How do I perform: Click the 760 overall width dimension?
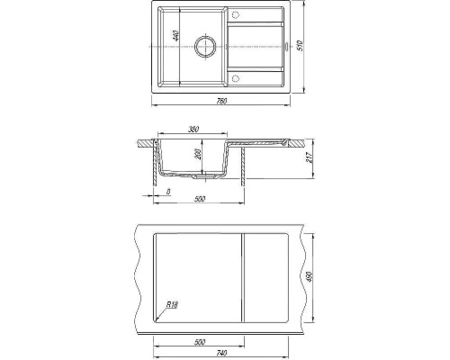coord(221,101)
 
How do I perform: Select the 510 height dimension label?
coord(301,45)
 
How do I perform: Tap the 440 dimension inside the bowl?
coord(176,36)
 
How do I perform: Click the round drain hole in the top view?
coord(205,47)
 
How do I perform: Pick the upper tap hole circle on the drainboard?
coord(235,14)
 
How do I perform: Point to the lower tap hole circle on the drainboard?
coord(235,78)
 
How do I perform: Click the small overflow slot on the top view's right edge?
coord(286,47)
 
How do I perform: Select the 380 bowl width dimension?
coord(193,130)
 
